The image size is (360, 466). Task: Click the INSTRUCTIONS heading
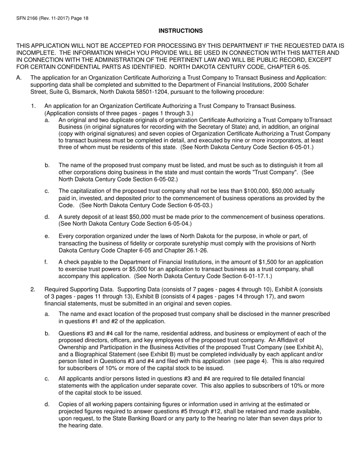tap(180, 31)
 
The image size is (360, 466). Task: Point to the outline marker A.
tap(19, 78)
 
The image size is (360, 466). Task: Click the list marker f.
tap(47, 262)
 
